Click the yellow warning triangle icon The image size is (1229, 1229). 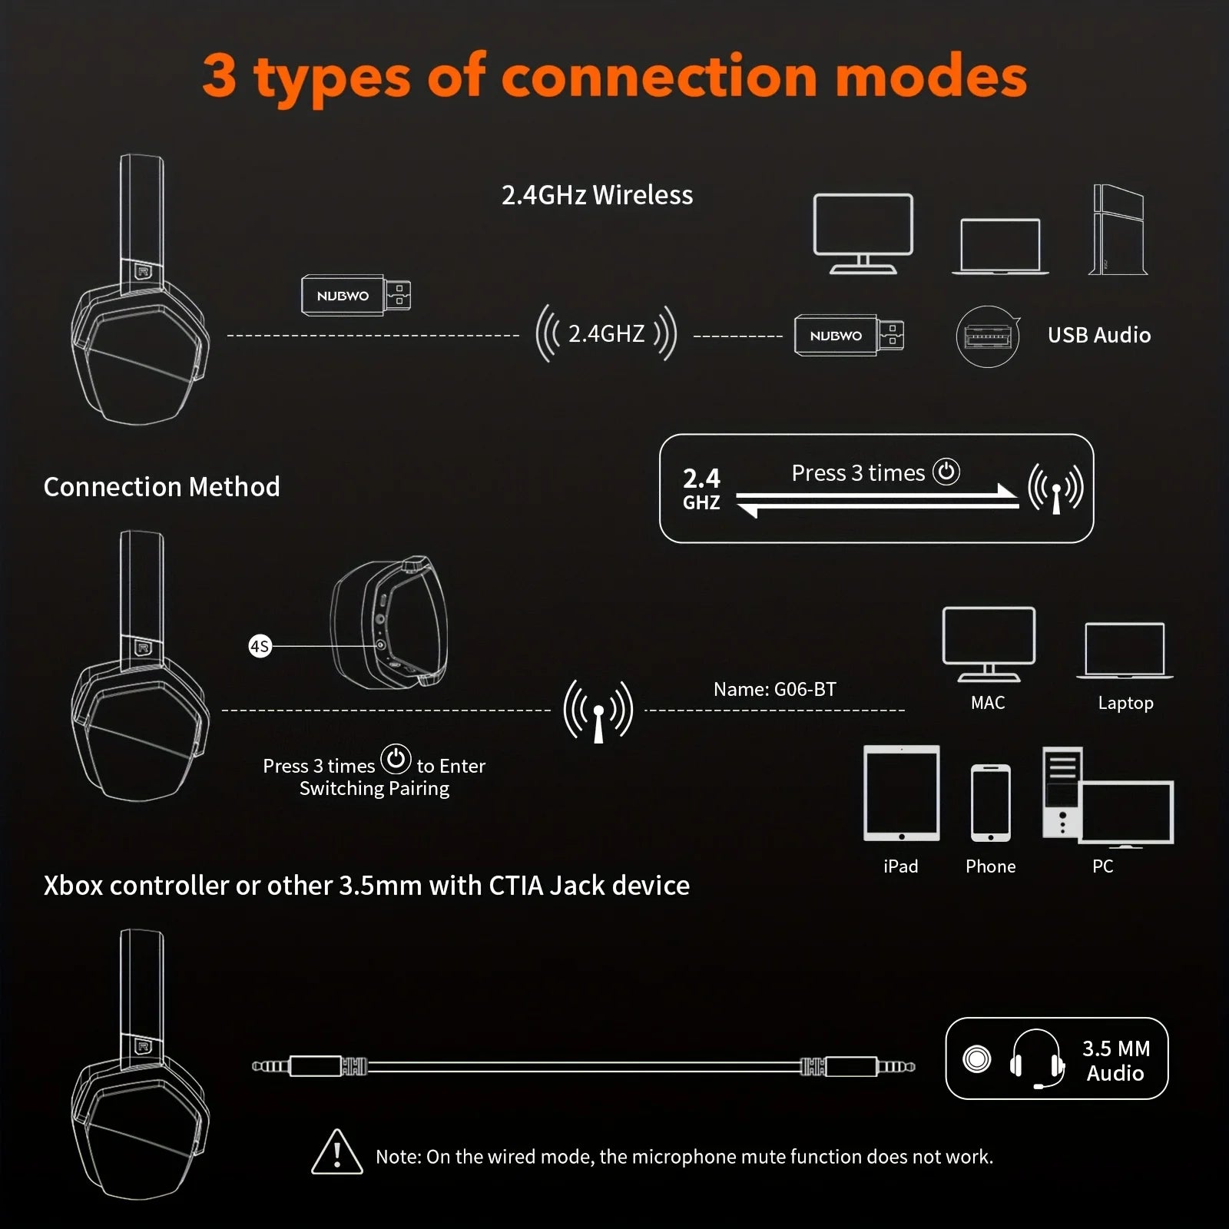(x=336, y=1152)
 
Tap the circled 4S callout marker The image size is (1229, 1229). (x=260, y=646)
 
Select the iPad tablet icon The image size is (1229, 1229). (x=901, y=793)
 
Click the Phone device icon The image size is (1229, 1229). (x=990, y=803)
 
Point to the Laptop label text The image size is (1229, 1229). (x=1125, y=703)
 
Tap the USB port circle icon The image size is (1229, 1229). (x=988, y=336)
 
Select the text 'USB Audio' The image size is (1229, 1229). (x=1098, y=335)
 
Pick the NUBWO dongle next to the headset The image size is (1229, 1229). (x=355, y=296)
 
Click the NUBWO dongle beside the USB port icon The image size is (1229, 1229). (x=848, y=336)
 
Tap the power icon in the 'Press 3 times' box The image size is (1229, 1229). (x=946, y=472)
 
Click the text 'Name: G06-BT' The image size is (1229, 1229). (x=774, y=689)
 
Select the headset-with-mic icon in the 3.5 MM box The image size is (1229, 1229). (x=1037, y=1059)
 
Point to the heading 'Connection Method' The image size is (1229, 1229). (x=161, y=486)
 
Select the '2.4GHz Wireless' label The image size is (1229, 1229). (x=597, y=195)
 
